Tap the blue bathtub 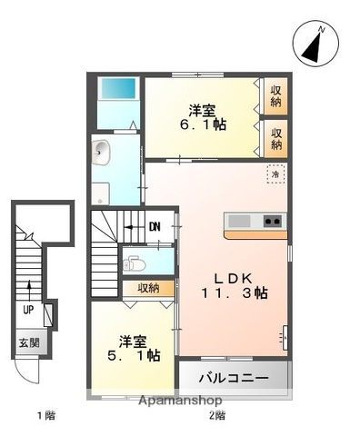click(x=116, y=90)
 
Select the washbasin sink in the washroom click(x=100, y=151)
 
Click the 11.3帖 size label click(x=234, y=292)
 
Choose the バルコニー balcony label click(x=234, y=376)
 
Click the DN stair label click(x=155, y=227)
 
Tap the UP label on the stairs click(x=29, y=310)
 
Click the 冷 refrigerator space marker click(x=273, y=173)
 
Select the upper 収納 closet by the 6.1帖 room click(x=275, y=96)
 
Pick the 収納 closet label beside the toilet click(x=149, y=288)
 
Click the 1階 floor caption click(x=45, y=417)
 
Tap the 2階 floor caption click(x=216, y=417)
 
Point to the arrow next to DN click(x=134, y=227)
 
